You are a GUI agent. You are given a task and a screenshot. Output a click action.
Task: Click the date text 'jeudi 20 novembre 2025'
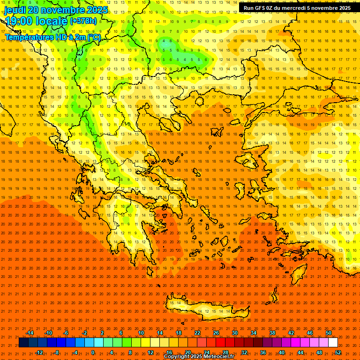[x=56, y=10]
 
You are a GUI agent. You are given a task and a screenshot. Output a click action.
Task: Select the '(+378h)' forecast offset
[x=83, y=21]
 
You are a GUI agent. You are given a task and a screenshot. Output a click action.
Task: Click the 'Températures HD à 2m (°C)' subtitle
[x=52, y=37]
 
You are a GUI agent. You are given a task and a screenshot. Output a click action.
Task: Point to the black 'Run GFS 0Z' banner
[x=297, y=8]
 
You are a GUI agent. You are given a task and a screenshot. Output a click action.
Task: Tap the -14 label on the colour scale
[x=29, y=333]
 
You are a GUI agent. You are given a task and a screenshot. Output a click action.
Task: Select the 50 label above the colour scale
[x=329, y=333]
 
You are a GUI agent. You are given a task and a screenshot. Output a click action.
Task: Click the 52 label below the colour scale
[x=338, y=352]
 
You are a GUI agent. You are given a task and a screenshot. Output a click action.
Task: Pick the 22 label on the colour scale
[x=197, y=333]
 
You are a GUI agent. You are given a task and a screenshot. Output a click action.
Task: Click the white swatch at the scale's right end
[x=333, y=343]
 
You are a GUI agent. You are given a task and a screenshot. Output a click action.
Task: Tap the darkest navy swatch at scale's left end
[x=24, y=343]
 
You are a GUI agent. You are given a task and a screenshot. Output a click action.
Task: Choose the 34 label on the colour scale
[x=254, y=333]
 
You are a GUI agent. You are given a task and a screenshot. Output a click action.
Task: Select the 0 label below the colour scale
[x=93, y=352]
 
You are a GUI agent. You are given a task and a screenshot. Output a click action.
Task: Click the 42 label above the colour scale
[x=291, y=333]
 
